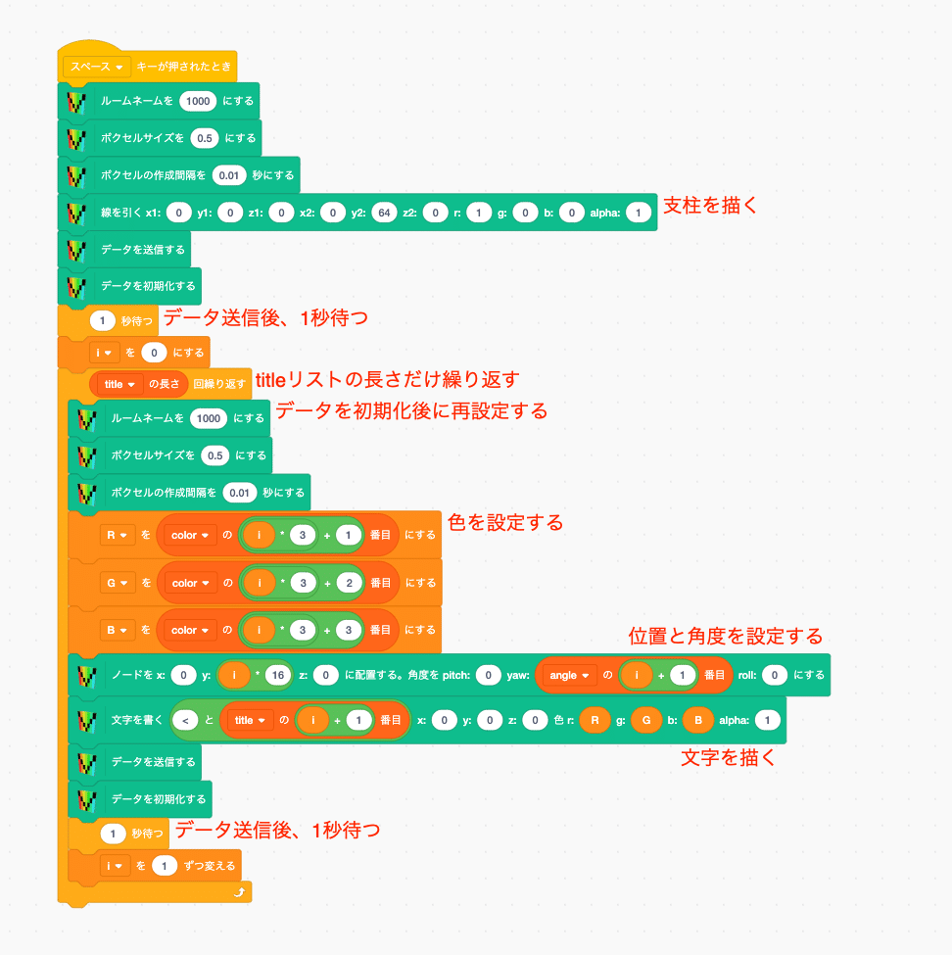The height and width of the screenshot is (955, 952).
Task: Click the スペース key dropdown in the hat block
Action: pos(96,67)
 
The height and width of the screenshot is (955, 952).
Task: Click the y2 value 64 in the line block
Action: pos(384,213)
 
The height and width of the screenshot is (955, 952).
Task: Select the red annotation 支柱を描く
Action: pos(709,206)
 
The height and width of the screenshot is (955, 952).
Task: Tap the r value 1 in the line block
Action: pos(479,213)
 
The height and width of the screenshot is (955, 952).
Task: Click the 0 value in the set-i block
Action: pos(154,353)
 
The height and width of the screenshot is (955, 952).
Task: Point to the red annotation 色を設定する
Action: pos(505,523)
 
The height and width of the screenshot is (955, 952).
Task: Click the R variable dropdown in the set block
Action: pos(117,535)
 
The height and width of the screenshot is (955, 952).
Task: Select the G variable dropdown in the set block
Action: pos(117,583)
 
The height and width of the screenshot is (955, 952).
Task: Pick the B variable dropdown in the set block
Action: pos(117,630)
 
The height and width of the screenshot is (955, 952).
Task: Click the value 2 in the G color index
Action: pos(349,583)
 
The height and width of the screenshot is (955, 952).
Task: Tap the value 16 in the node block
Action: pos(278,675)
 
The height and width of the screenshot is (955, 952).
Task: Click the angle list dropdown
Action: pos(569,675)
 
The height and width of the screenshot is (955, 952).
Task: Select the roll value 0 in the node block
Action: pos(774,675)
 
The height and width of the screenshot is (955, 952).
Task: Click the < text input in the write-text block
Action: pos(185,721)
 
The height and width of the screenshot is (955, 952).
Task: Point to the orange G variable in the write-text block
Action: pos(646,721)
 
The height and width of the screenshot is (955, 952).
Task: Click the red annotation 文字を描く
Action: pos(728,758)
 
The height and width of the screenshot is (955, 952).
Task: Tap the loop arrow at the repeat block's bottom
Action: pos(239,892)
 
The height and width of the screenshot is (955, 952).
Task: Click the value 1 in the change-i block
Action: pos(164,866)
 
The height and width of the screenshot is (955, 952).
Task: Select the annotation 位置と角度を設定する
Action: pos(726,637)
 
